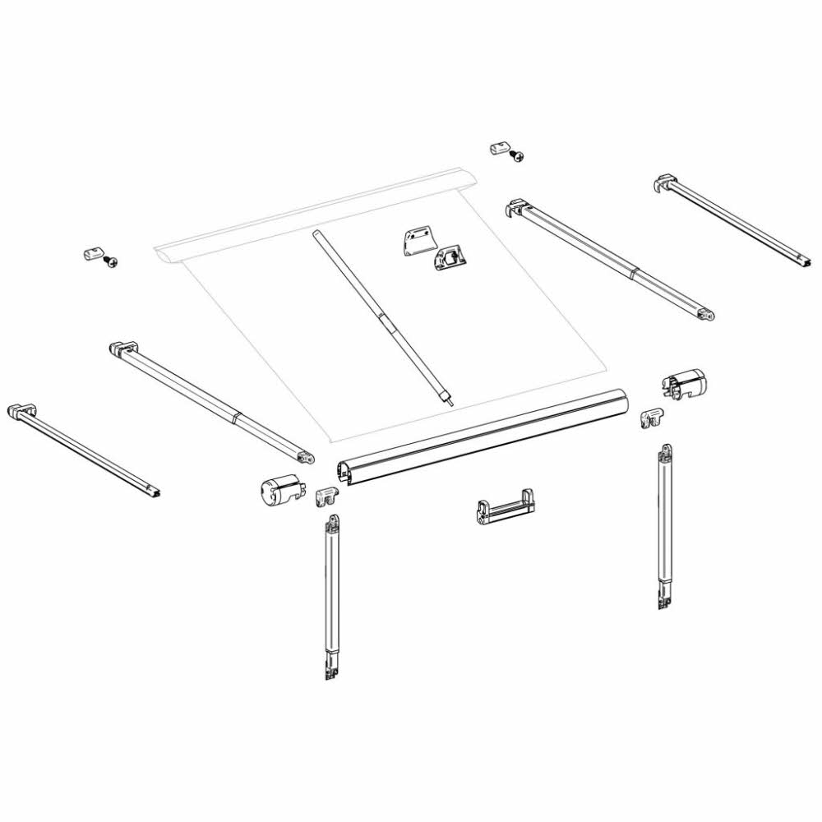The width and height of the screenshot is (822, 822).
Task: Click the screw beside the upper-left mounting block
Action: click(x=111, y=261)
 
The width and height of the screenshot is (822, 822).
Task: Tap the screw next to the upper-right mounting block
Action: click(x=517, y=155)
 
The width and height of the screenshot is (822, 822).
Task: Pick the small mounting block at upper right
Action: click(x=498, y=148)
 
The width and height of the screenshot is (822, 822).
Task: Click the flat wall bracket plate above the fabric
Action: click(x=417, y=241)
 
